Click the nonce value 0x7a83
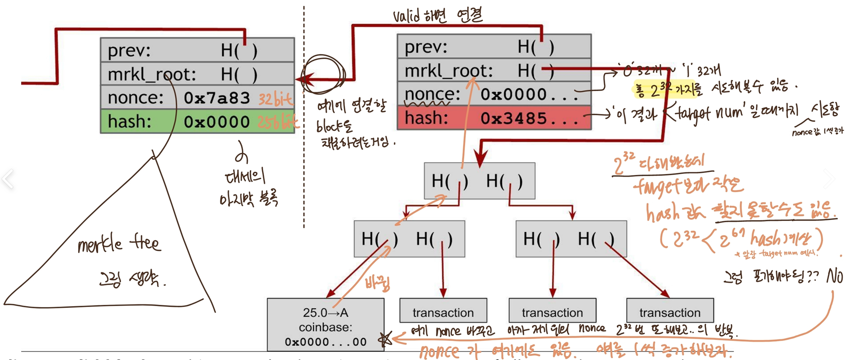pyautogui.click(x=216, y=98)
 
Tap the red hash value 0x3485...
pyautogui.click(x=514, y=118)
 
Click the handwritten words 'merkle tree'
pyautogui.click(x=119, y=244)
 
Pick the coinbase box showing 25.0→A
pyautogui.click(x=325, y=325)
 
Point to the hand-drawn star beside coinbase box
pyautogui.click(x=385, y=339)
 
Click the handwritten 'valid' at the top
pyautogui.click(x=406, y=16)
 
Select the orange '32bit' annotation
pyautogui.click(x=275, y=99)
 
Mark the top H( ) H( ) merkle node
pyautogui.click(x=479, y=181)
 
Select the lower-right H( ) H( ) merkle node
pyautogui.click(x=571, y=239)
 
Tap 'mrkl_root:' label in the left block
pyautogui.click(x=152, y=75)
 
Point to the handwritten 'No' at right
pyautogui.click(x=835, y=276)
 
